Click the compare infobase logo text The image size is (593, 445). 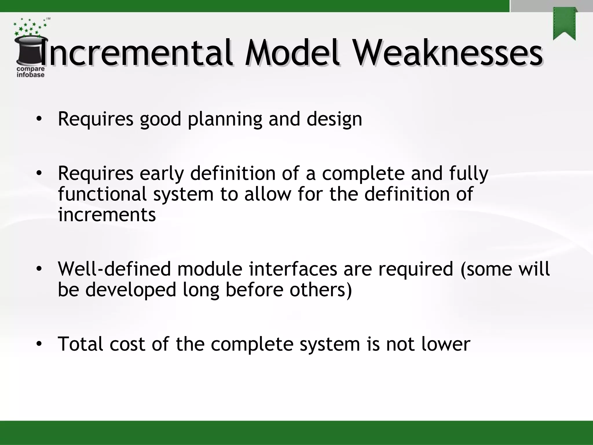click(30, 72)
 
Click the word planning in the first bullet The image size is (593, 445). click(225, 119)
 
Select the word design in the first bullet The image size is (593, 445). click(334, 119)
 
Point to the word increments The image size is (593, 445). click(107, 215)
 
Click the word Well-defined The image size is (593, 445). click(115, 269)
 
